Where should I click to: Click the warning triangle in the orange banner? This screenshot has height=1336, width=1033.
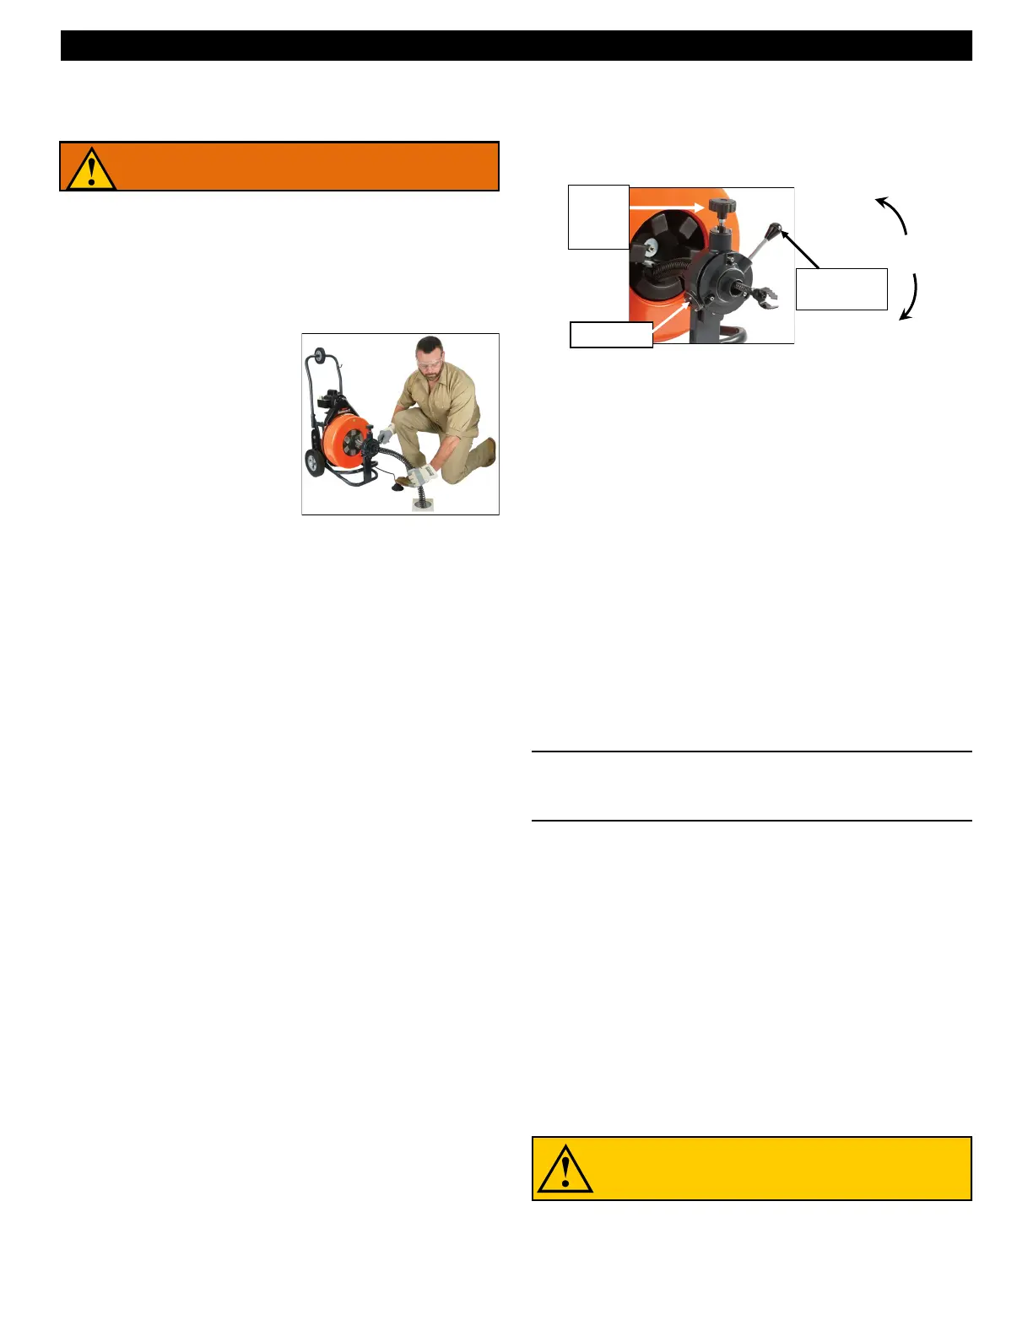pyautogui.click(x=90, y=169)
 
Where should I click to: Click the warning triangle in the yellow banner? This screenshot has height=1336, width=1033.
pyautogui.click(x=565, y=1169)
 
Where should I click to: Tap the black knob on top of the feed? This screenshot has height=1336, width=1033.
pyautogui.click(x=720, y=207)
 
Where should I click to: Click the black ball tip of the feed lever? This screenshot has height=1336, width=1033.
pyautogui.click(x=776, y=228)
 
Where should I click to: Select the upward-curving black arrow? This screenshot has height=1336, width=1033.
pyautogui.click(x=892, y=214)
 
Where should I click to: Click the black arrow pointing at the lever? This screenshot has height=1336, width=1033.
pyautogui.click(x=800, y=250)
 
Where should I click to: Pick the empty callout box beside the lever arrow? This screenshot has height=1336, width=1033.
pyautogui.click(x=841, y=289)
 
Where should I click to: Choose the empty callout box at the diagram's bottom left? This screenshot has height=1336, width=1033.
pyautogui.click(x=611, y=335)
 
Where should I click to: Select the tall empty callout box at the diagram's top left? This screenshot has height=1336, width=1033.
pyautogui.click(x=598, y=217)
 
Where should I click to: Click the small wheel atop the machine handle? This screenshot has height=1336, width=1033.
pyautogui.click(x=320, y=356)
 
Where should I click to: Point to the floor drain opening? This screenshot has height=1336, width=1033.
pyautogui.click(x=422, y=504)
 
